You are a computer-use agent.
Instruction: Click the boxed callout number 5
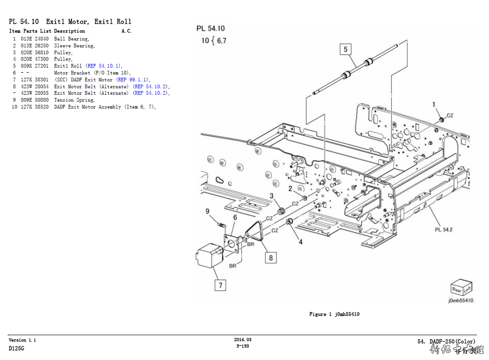tap(346, 49)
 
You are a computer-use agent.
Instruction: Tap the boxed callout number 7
tap(220, 285)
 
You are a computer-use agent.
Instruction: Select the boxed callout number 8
tap(270, 257)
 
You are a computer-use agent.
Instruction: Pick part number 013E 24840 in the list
tap(35, 39)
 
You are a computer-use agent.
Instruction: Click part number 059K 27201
tap(35, 66)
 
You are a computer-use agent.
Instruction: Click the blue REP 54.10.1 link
tap(104, 66)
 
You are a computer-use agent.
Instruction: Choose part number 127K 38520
tap(35, 107)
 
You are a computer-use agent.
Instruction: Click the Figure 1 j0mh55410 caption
tap(334, 314)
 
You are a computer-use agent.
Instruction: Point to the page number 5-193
tap(243, 346)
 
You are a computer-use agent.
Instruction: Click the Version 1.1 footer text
tap(22, 340)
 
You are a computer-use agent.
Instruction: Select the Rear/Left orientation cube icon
tap(461, 287)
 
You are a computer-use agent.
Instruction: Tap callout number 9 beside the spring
tap(207, 211)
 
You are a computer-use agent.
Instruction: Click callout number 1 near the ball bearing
tap(433, 105)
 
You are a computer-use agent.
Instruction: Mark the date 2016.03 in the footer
tap(243, 340)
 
